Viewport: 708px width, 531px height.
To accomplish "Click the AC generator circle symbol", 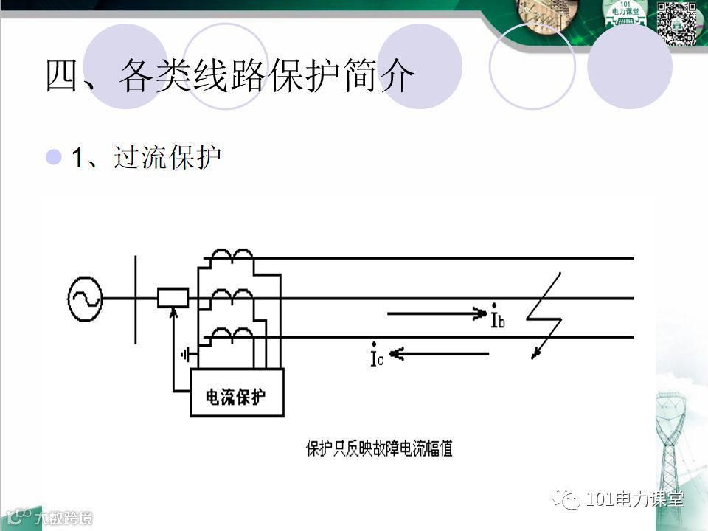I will pyautogui.click(x=84, y=299).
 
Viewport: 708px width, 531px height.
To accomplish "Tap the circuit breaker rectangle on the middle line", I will pyautogui.click(x=173, y=298).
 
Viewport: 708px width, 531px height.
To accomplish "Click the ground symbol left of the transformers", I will pyautogui.click(x=185, y=355).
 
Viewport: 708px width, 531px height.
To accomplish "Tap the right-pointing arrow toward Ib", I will pyautogui.click(x=435, y=314).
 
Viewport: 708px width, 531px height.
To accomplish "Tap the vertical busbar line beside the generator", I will pyautogui.click(x=135, y=299).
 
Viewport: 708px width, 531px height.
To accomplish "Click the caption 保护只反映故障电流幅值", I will pyautogui.click(x=379, y=448).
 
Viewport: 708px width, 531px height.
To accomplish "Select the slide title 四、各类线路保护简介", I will pyautogui.click(x=228, y=75).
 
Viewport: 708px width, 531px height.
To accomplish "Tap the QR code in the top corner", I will pyautogui.click(x=676, y=23).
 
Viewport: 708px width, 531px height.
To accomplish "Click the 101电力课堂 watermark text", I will pyautogui.click(x=634, y=500).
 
